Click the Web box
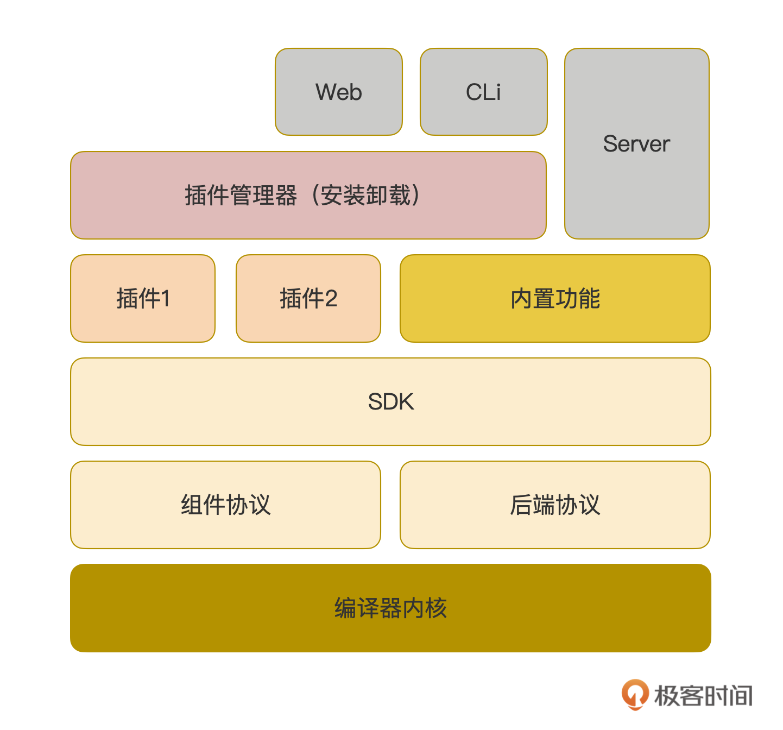coord(338,92)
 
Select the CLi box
coord(483,92)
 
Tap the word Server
coord(636,144)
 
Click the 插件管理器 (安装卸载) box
coord(308,195)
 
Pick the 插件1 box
coord(143,298)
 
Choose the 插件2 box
coord(308,298)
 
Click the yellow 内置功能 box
coord(555,298)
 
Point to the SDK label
coord(390,402)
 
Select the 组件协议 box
coord(225,505)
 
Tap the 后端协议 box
coord(555,505)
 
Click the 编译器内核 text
coord(390,608)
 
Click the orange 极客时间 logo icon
coord(635,694)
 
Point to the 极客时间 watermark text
coord(703,696)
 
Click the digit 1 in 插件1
coord(166,299)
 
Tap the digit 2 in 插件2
coord(331,299)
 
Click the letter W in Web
coord(326,92)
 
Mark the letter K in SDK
coord(406,402)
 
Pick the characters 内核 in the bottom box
coord(425,608)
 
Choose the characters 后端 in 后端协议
coord(532,505)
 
